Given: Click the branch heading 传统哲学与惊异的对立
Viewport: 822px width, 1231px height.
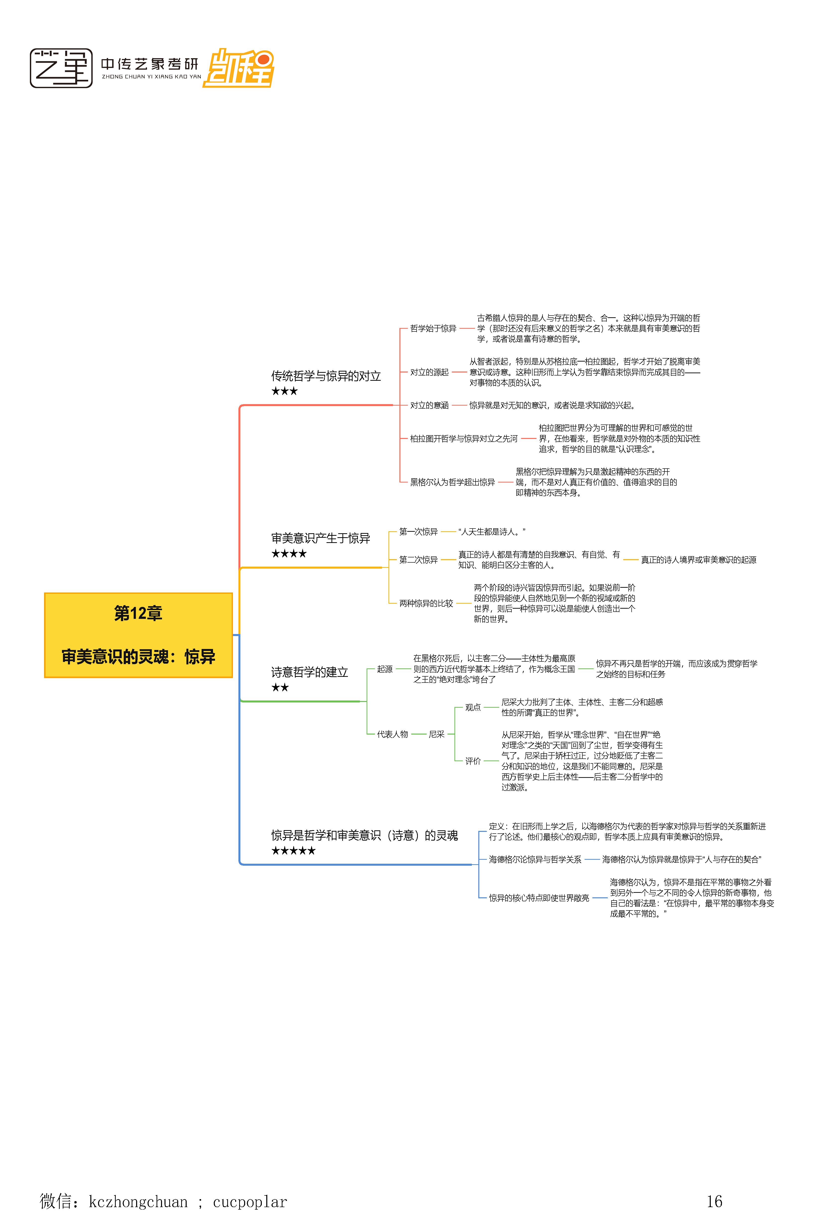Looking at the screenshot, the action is click(326, 376).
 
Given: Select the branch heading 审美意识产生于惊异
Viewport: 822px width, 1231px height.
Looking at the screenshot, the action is click(320, 538).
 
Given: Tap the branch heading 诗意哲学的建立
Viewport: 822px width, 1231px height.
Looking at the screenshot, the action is click(309, 672).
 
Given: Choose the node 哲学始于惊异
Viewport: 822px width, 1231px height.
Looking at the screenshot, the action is click(433, 328).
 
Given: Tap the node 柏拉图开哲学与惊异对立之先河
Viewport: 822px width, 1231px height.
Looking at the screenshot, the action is click(463, 439).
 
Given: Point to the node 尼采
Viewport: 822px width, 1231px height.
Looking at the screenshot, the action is click(436, 734).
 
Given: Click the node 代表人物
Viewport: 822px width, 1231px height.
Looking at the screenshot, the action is click(392, 734).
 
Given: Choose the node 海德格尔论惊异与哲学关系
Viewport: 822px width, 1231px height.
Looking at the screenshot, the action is click(535, 859).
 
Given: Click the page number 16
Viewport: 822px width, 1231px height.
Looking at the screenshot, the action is click(714, 1201).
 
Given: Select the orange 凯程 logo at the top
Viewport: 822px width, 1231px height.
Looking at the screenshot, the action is click(239, 68).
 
